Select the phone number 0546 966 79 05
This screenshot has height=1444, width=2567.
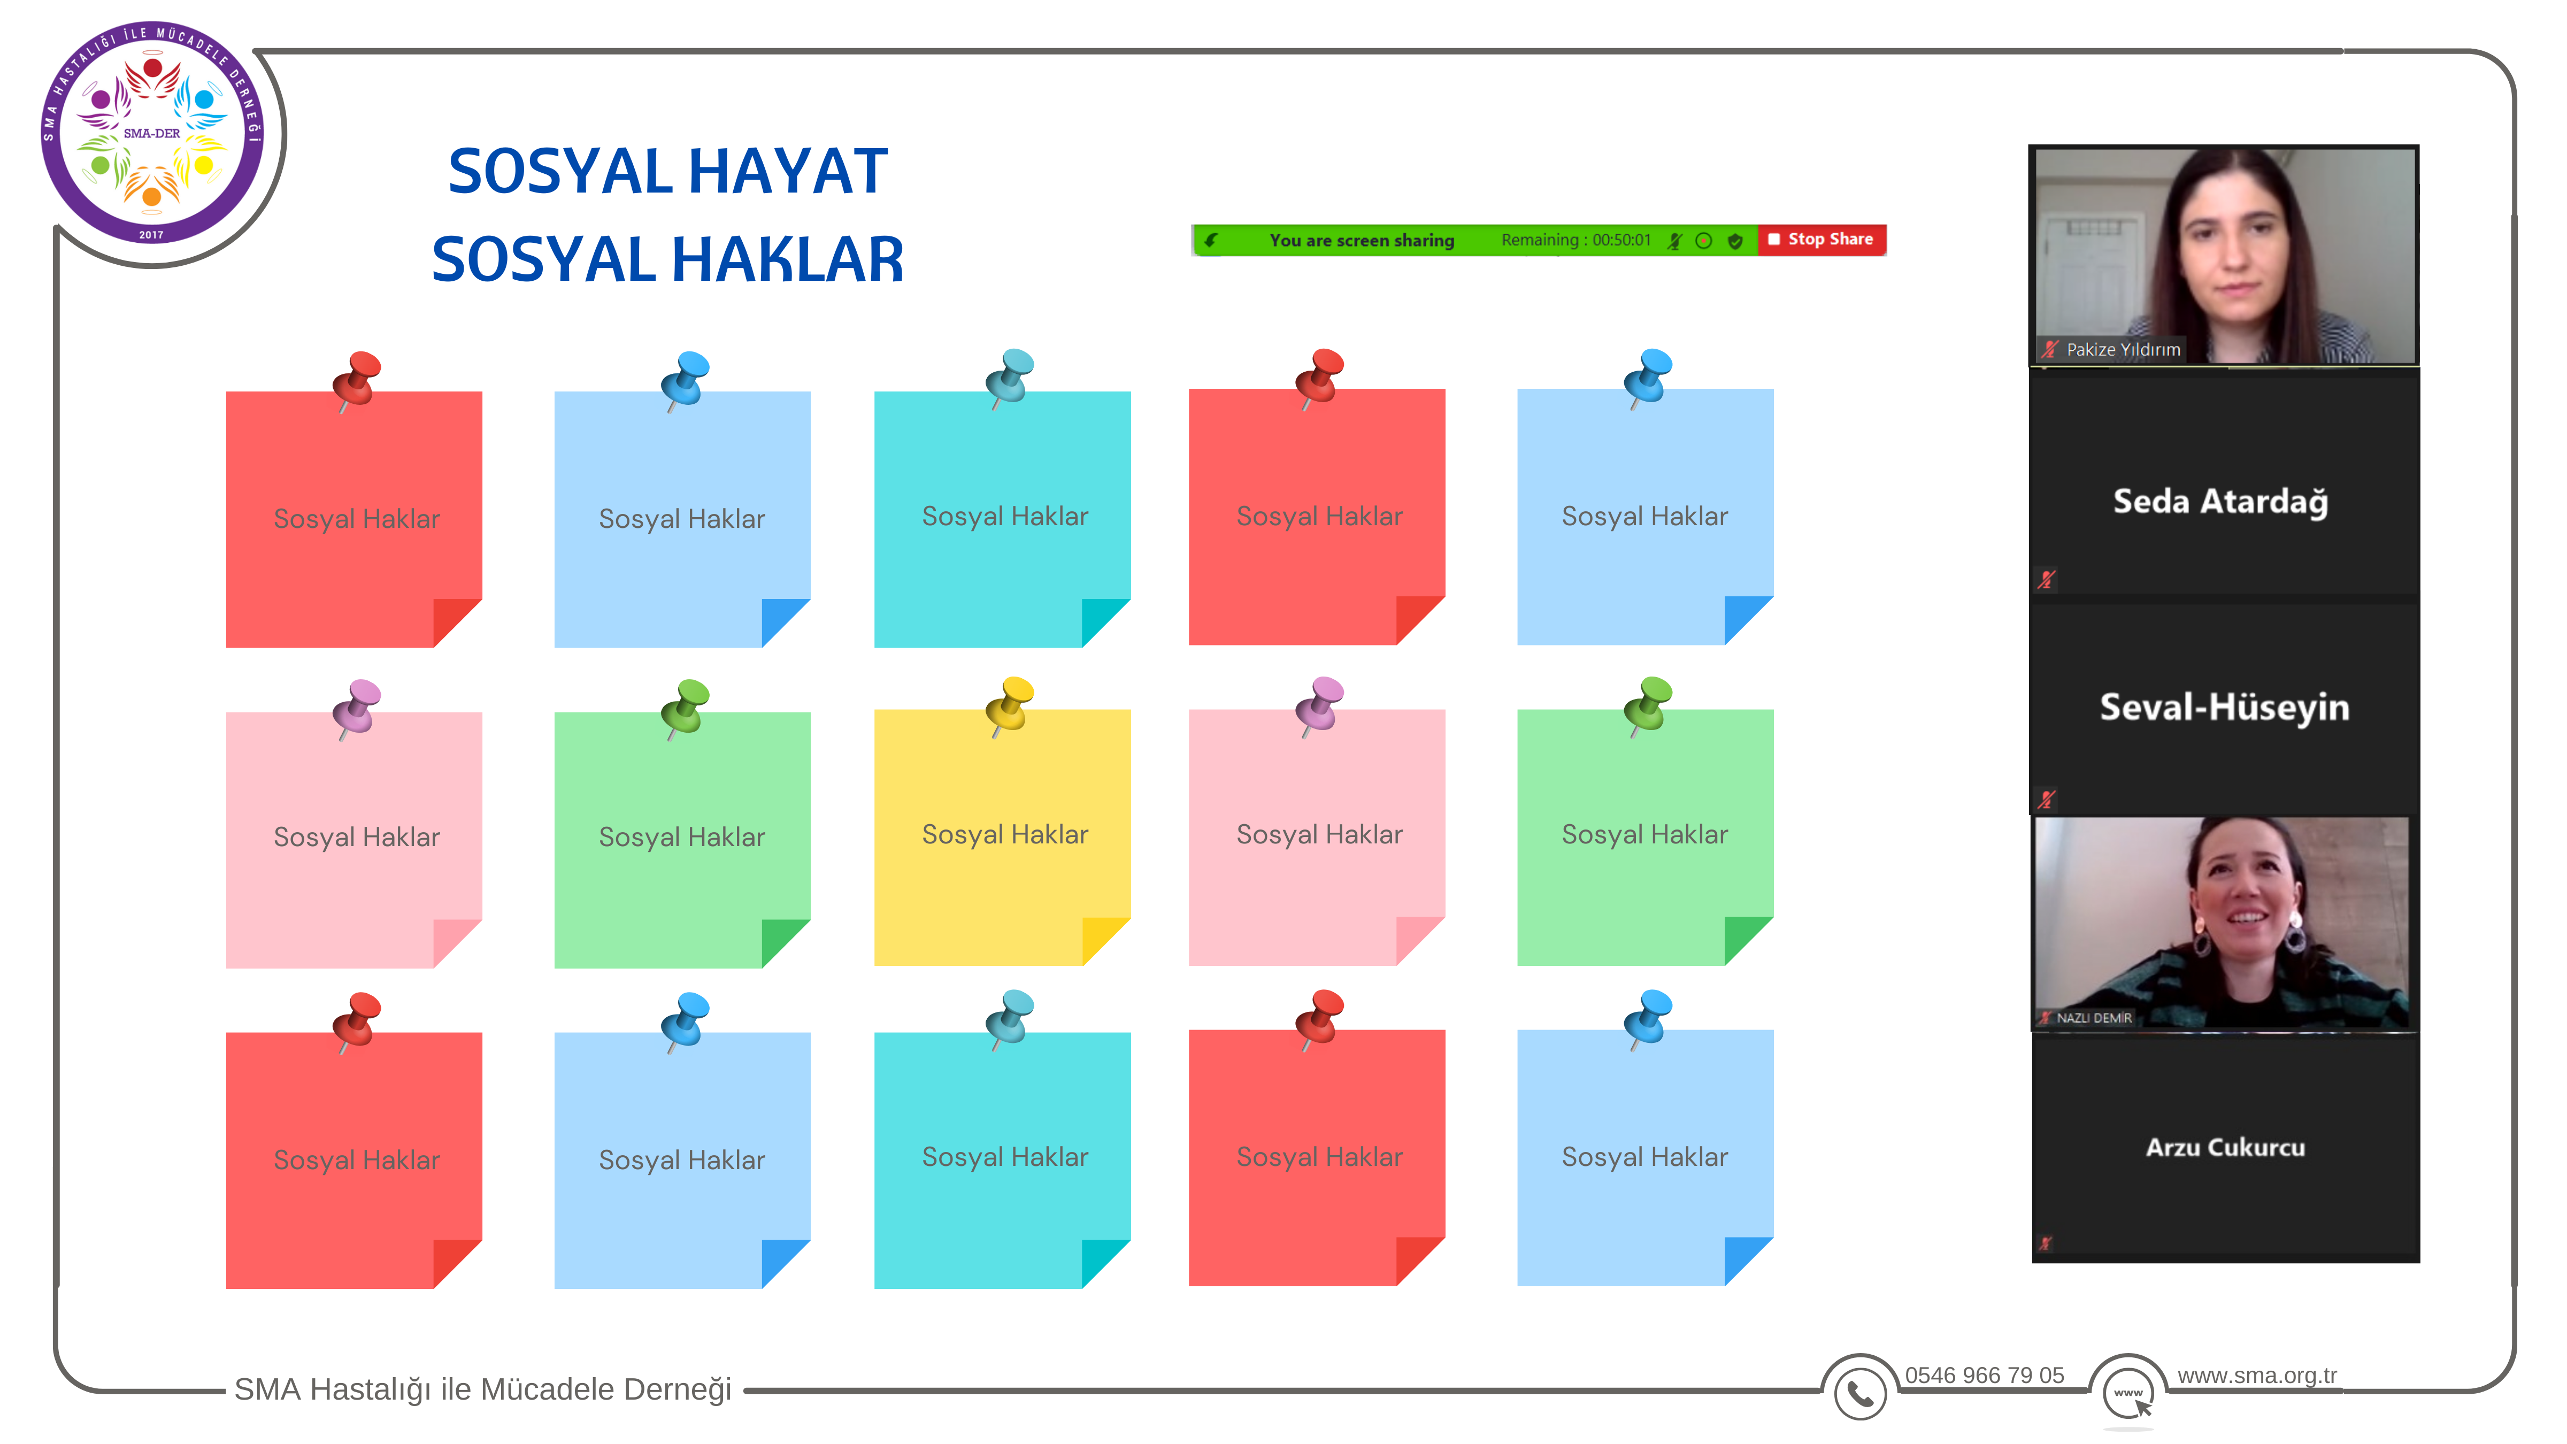pos(1984,1375)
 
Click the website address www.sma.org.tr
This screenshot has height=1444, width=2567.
pos(2256,1375)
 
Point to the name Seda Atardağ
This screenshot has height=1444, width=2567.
pos(2221,501)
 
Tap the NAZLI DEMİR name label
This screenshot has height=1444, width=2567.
pos(2094,1017)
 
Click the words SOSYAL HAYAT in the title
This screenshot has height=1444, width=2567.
pos(667,171)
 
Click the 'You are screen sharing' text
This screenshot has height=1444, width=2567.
pos(1361,240)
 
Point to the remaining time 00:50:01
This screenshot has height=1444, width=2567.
pos(1621,240)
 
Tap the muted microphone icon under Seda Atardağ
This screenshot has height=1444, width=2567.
pos(2047,579)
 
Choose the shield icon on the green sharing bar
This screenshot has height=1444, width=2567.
pos(1735,240)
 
